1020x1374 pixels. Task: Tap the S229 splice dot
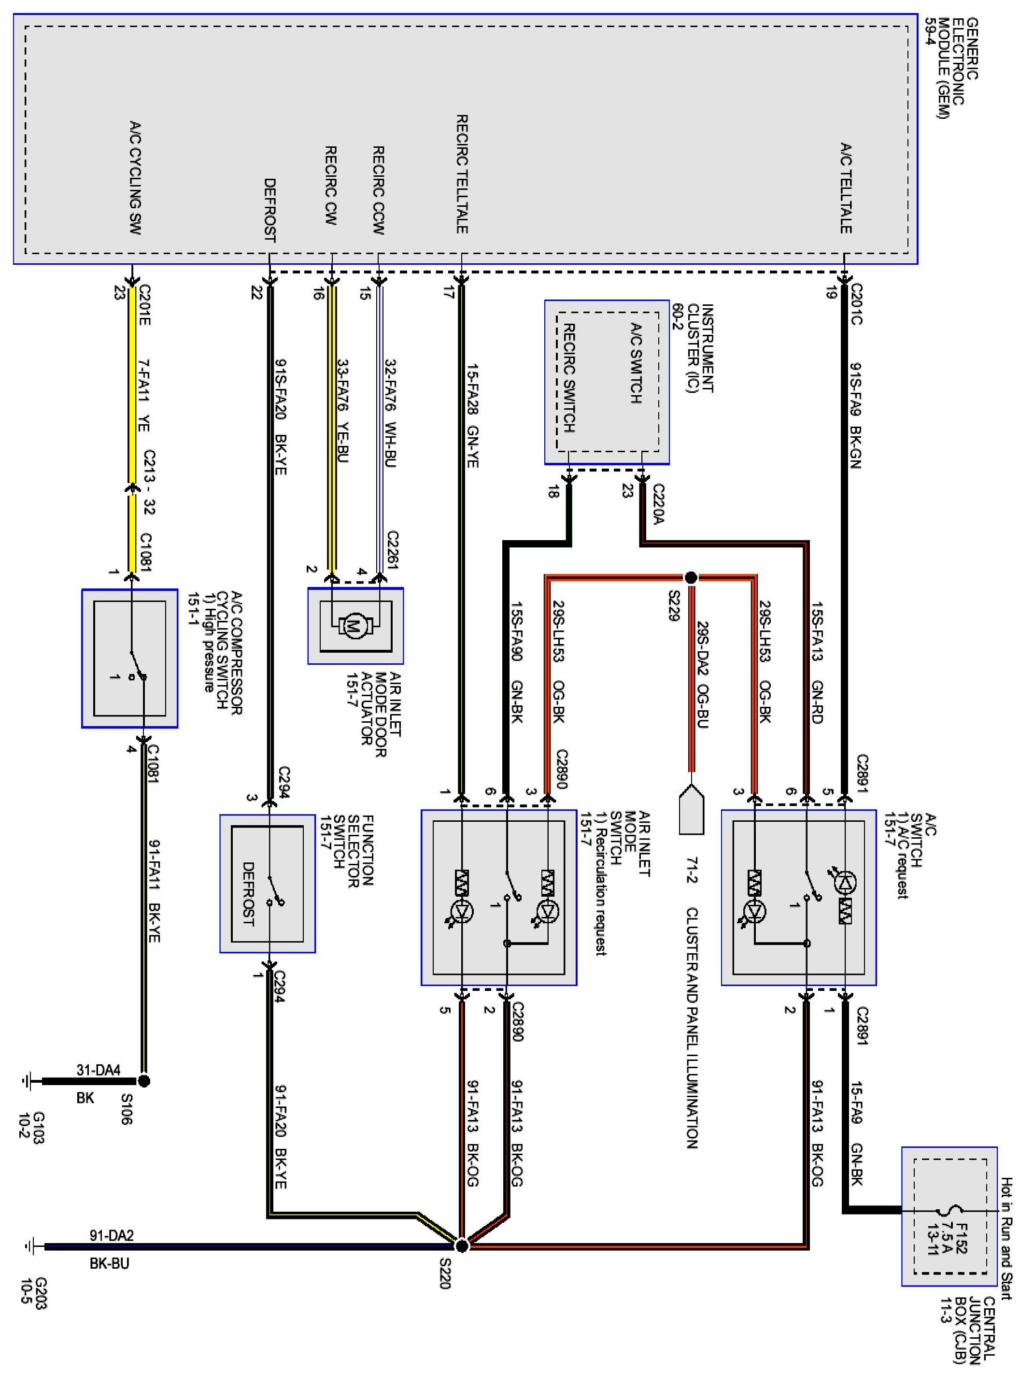[691, 577]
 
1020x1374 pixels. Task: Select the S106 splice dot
[144, 1081]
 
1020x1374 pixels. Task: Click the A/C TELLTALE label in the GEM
[845, 188]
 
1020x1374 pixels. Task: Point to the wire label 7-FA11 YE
[143, 396]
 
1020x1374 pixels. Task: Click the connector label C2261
[393, 550]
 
